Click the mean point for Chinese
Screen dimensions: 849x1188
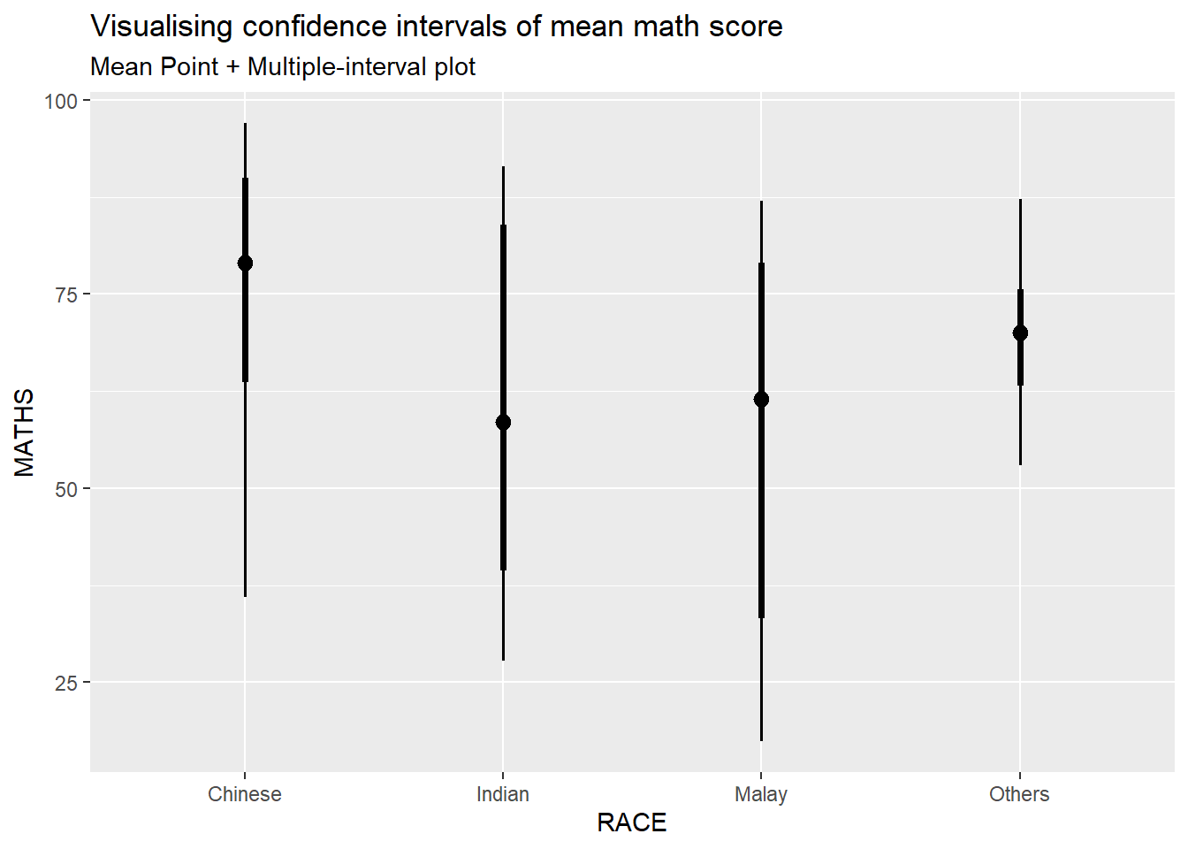pyautogui.click(x=245, y=263)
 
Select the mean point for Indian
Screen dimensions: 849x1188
pyautogui.click(x=503, y=422)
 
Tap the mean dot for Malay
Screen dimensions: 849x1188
pyautogui.click(x=761, y=399)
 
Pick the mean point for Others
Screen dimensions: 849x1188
pyautogui.click(x=1020, y=333)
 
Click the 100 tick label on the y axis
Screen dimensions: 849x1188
pyautogui.click(x=61, y=101)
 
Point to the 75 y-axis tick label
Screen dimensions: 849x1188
pyautogui.click(x=66, y=294)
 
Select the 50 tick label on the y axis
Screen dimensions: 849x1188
pyautogui.click(x=66, y=488)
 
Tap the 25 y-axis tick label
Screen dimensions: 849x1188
pyautogui.click(x=66, y=683)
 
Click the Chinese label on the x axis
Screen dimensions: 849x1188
pyautogui.click(x=245, y=794)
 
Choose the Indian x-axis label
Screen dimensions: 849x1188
pyautogui.click(x=503, y=794)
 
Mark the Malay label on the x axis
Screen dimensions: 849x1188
pyautogui.click(x=761, y=794)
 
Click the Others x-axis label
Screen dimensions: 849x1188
pyautogui.click(x=1019, y=794)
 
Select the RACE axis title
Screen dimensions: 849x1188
pyautogui.click(x=632, y=822)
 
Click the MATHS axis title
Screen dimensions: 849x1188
pyautogui.click(x=25, y=432)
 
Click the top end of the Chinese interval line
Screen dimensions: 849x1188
pyautogui.click(x=245, y=125)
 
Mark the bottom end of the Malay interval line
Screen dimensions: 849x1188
pyautogui.click(x=761, y=739)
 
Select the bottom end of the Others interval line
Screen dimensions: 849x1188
pyautogui.click(x=1020, y=463)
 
